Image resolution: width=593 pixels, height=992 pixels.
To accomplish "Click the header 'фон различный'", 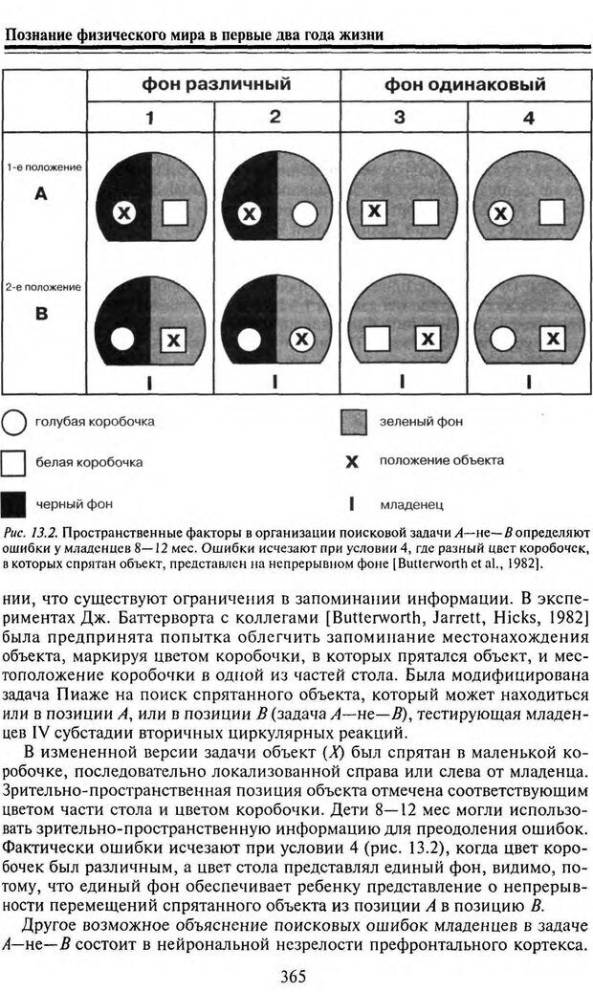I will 216,85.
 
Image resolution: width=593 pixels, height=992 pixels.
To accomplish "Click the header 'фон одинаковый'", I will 466,85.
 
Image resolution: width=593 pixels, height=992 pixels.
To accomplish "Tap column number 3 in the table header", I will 400,118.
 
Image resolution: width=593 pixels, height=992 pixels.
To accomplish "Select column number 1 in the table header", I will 150,118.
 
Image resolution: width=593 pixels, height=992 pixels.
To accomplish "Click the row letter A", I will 41,194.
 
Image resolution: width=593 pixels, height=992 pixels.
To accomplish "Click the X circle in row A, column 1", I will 123,213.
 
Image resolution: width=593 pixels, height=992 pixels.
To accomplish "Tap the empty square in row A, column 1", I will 174,212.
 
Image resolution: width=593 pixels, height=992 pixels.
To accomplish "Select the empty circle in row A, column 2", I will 303,213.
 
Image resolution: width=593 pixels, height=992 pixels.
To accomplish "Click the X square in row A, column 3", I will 375,211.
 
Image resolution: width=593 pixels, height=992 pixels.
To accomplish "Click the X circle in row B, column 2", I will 302,338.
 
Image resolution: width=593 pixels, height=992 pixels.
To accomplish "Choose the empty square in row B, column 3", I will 376,338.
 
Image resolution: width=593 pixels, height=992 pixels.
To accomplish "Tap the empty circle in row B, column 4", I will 499,338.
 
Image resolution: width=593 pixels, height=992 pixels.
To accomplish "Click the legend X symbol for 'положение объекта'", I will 352,462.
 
